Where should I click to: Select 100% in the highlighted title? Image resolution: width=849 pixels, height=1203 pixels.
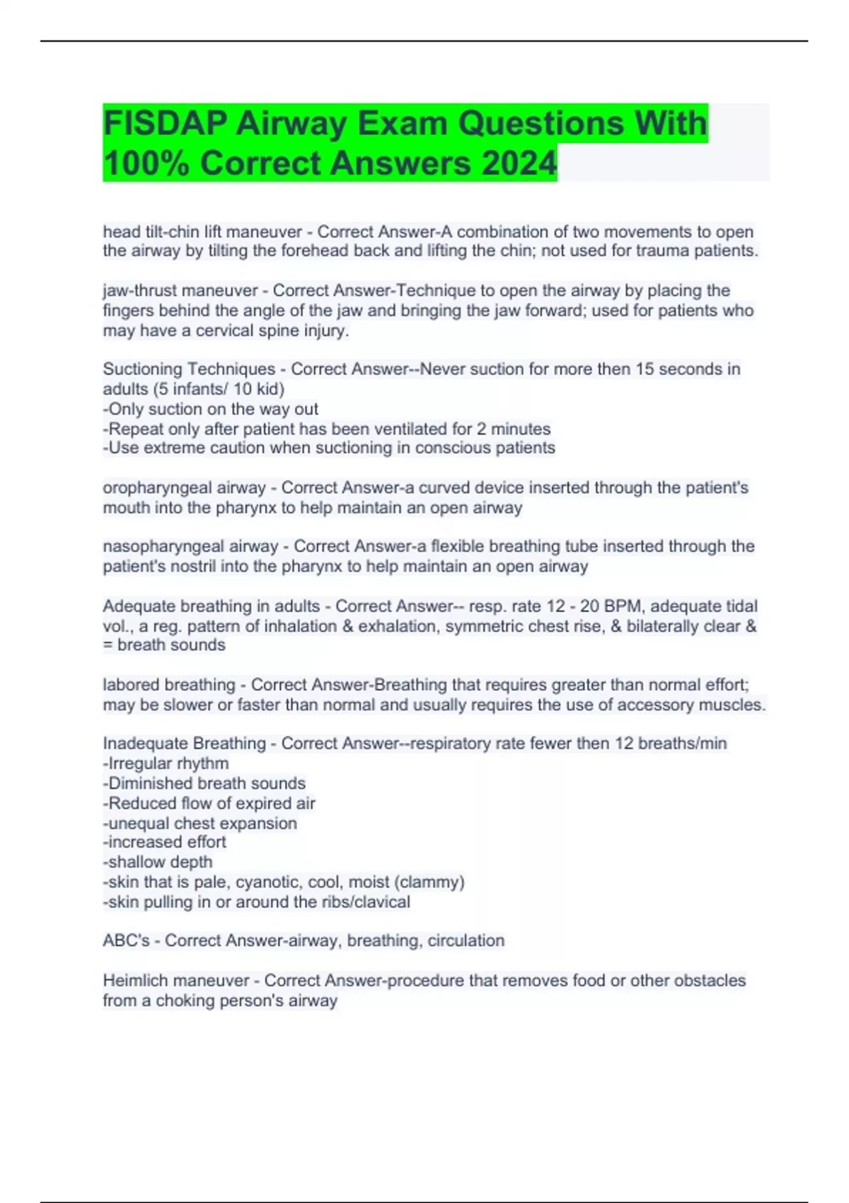146,163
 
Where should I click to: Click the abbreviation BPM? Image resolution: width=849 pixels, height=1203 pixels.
623,606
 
